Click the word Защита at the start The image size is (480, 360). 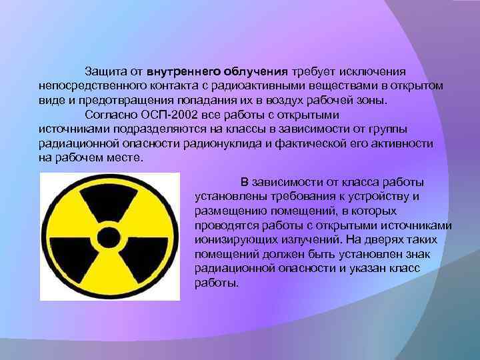click(103, 71)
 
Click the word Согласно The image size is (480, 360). click(107, 114)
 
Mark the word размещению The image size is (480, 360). click(229, 211)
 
